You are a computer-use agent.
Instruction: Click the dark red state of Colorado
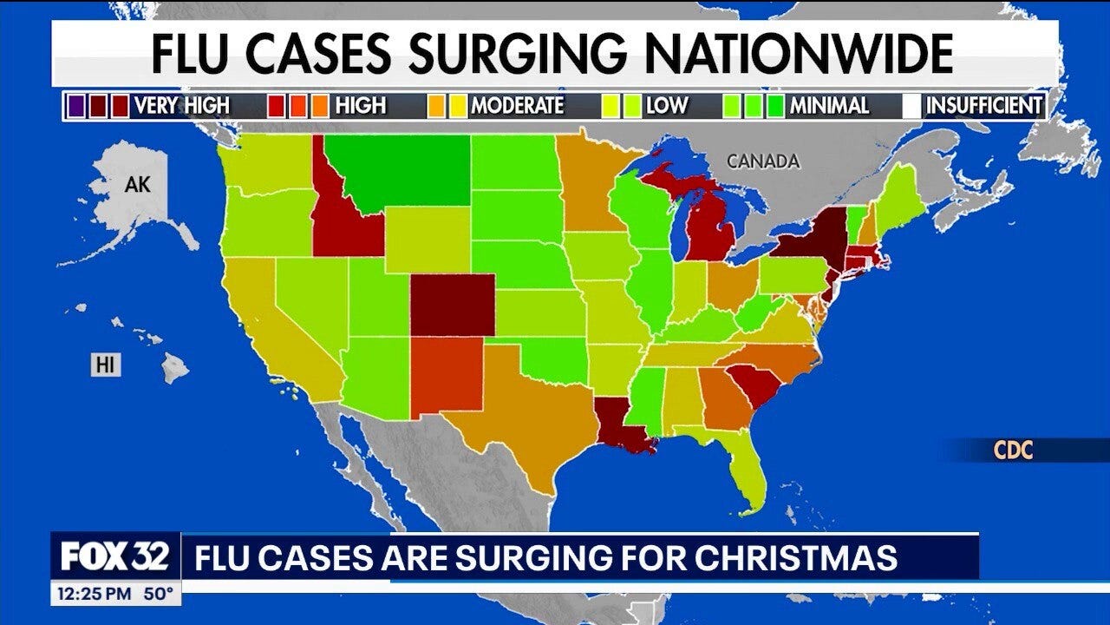(453, 305)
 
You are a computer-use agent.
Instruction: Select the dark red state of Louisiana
(623, 424)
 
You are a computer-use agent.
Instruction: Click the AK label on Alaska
(138, 184)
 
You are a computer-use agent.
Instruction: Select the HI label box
(106, 365)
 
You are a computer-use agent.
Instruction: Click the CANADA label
(763, 161)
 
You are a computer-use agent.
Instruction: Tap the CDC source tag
(1014, 451)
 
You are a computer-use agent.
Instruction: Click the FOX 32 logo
(115, 556)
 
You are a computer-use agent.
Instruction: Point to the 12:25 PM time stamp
(91, 595)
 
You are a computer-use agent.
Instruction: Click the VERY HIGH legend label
(181, 106)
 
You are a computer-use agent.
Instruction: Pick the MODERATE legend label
(517, 106)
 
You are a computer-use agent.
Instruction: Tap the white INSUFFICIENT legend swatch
(911, 106)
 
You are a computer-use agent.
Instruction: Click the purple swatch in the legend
(75, 106)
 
